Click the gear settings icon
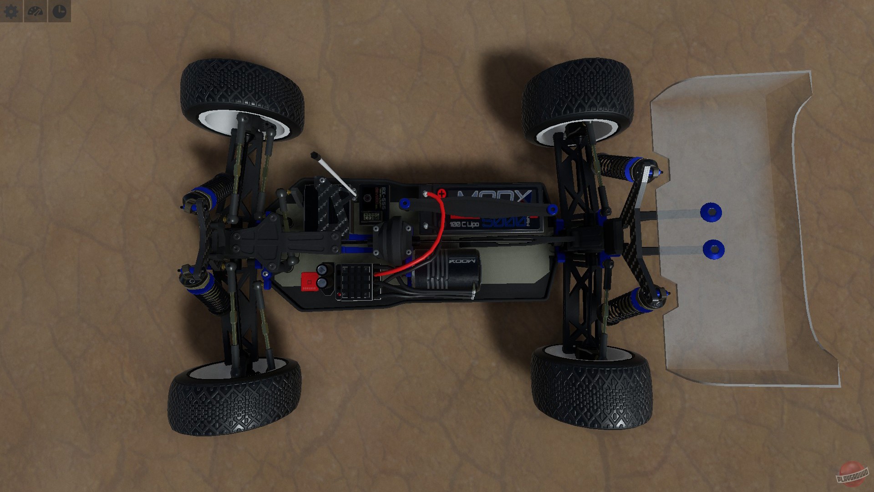coord(11,11)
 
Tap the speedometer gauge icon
coord(36,11)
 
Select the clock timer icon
coord(59,11)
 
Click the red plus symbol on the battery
coord(441,194)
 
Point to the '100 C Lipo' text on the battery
coord(464,225)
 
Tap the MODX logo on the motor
coord(462,262)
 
